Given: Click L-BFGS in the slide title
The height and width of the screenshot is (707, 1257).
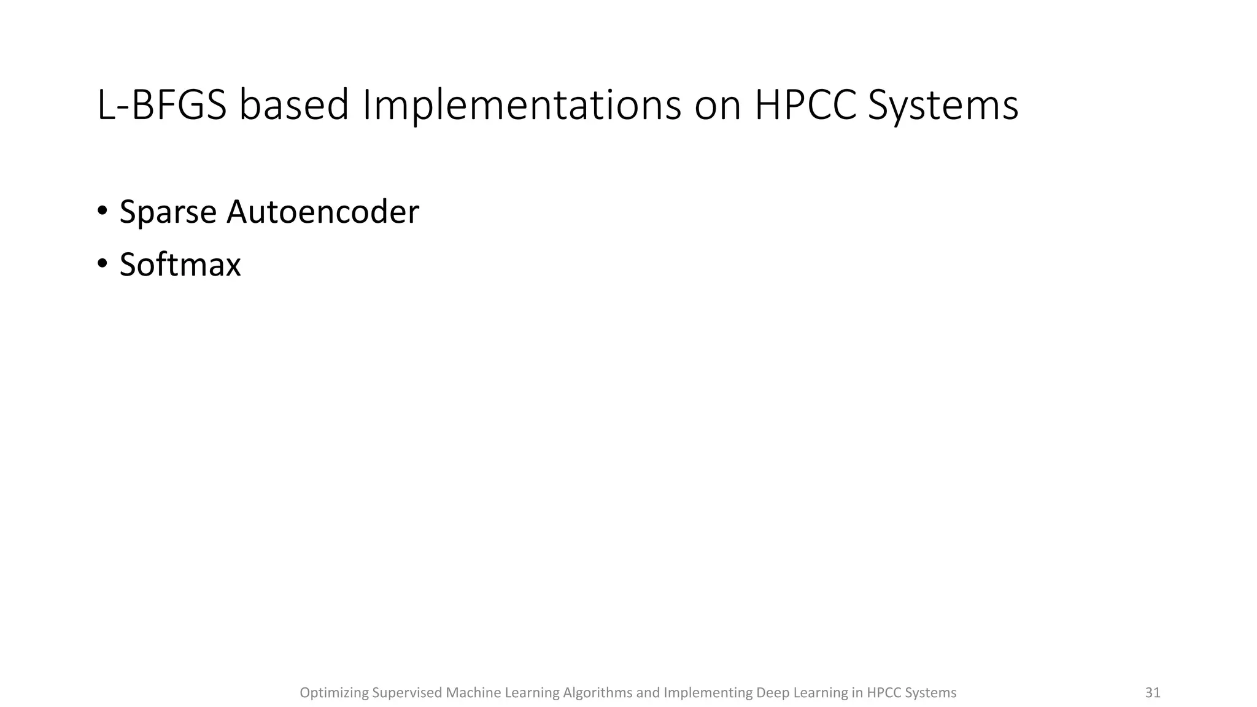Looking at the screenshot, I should coord(161,105).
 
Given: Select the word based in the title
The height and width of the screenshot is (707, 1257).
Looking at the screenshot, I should coord(294,105).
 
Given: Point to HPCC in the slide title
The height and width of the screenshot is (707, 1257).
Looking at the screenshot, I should coord(805,105).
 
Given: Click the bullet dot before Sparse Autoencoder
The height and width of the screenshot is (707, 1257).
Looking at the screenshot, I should coord(102,211).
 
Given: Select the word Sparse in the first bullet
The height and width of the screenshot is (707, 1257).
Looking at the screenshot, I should coord(168,212).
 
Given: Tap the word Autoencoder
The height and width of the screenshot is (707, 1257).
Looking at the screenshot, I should coord(323,212).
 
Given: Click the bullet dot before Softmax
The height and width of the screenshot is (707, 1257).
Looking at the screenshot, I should coord(102,264).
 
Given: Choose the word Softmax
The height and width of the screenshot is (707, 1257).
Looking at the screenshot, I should coord(180,265).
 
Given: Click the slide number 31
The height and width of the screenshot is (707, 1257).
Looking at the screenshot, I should coord(1153,693).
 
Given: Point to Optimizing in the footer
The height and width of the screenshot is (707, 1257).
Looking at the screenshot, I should coord(334,693).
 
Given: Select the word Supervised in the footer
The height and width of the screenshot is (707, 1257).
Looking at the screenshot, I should coord(407,693).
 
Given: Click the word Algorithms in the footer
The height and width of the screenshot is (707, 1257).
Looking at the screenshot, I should coord(597,693).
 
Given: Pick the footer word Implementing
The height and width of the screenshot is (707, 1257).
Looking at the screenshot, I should coord(708,693).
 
